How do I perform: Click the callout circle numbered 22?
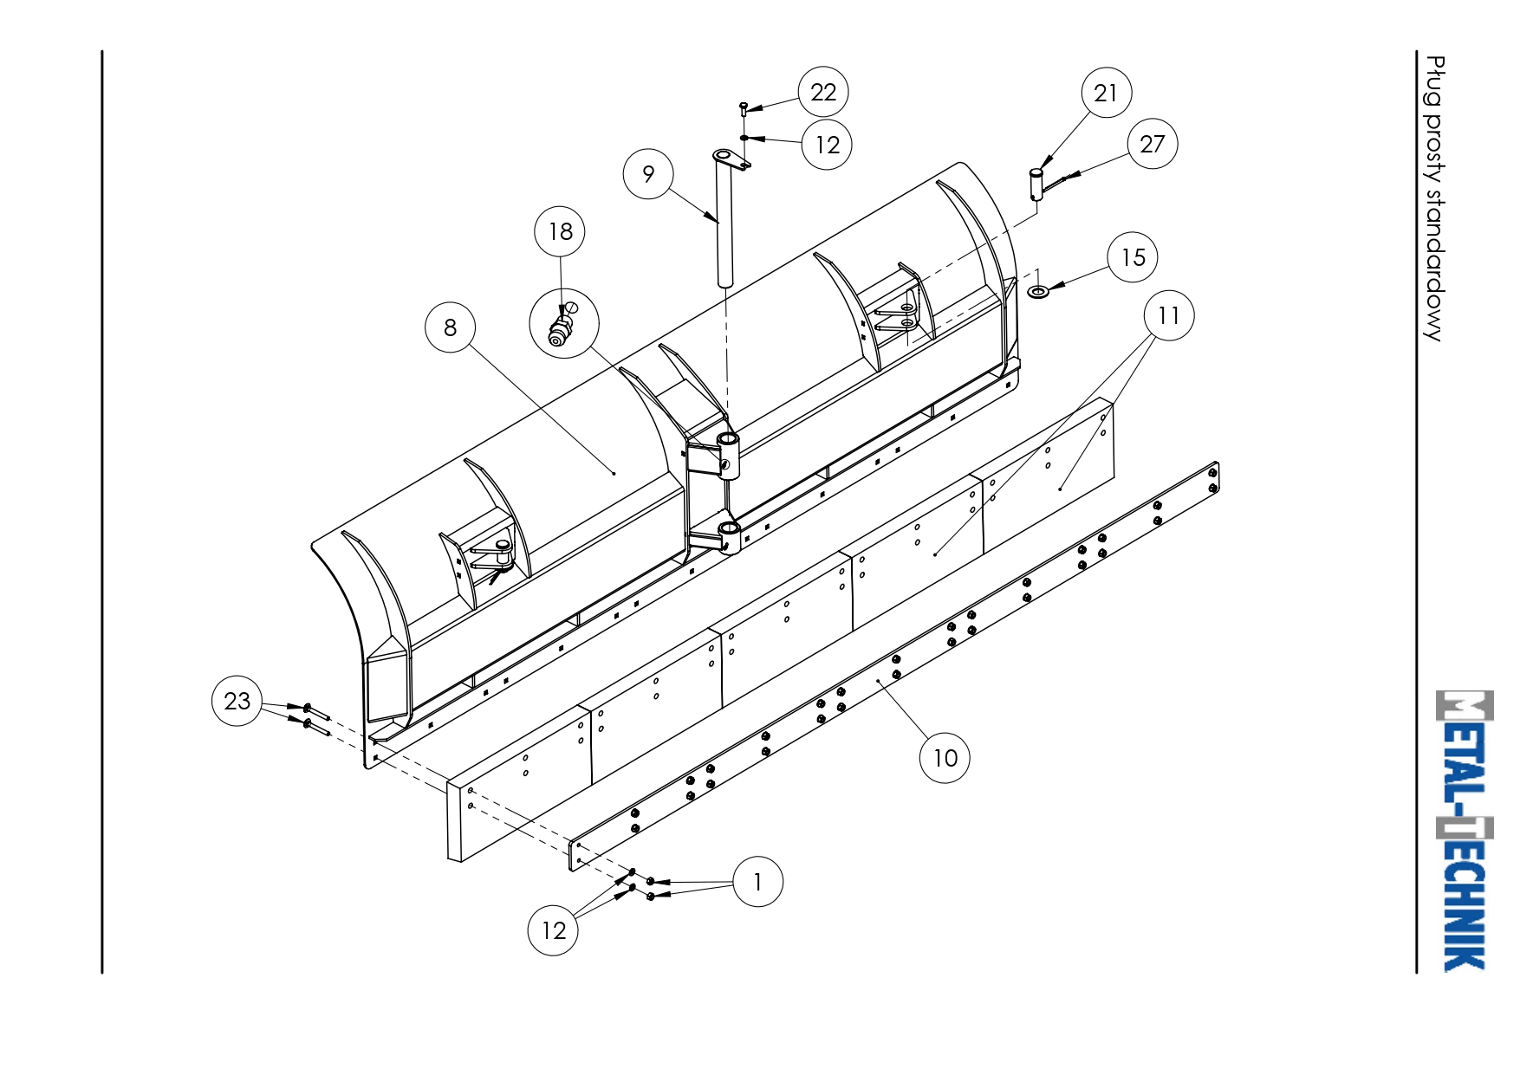823,92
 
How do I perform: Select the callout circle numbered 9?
648,174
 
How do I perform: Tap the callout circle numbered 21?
1106,93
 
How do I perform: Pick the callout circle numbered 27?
1153,144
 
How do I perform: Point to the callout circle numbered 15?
1133,257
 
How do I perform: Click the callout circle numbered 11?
1169,315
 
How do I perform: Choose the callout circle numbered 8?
451,327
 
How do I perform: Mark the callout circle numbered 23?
237,701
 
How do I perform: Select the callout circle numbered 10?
945,758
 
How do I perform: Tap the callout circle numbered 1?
758,882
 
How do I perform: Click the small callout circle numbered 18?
560,231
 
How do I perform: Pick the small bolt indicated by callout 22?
743,108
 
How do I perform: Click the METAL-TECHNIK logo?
1464,831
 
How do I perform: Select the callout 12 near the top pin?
828,145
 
